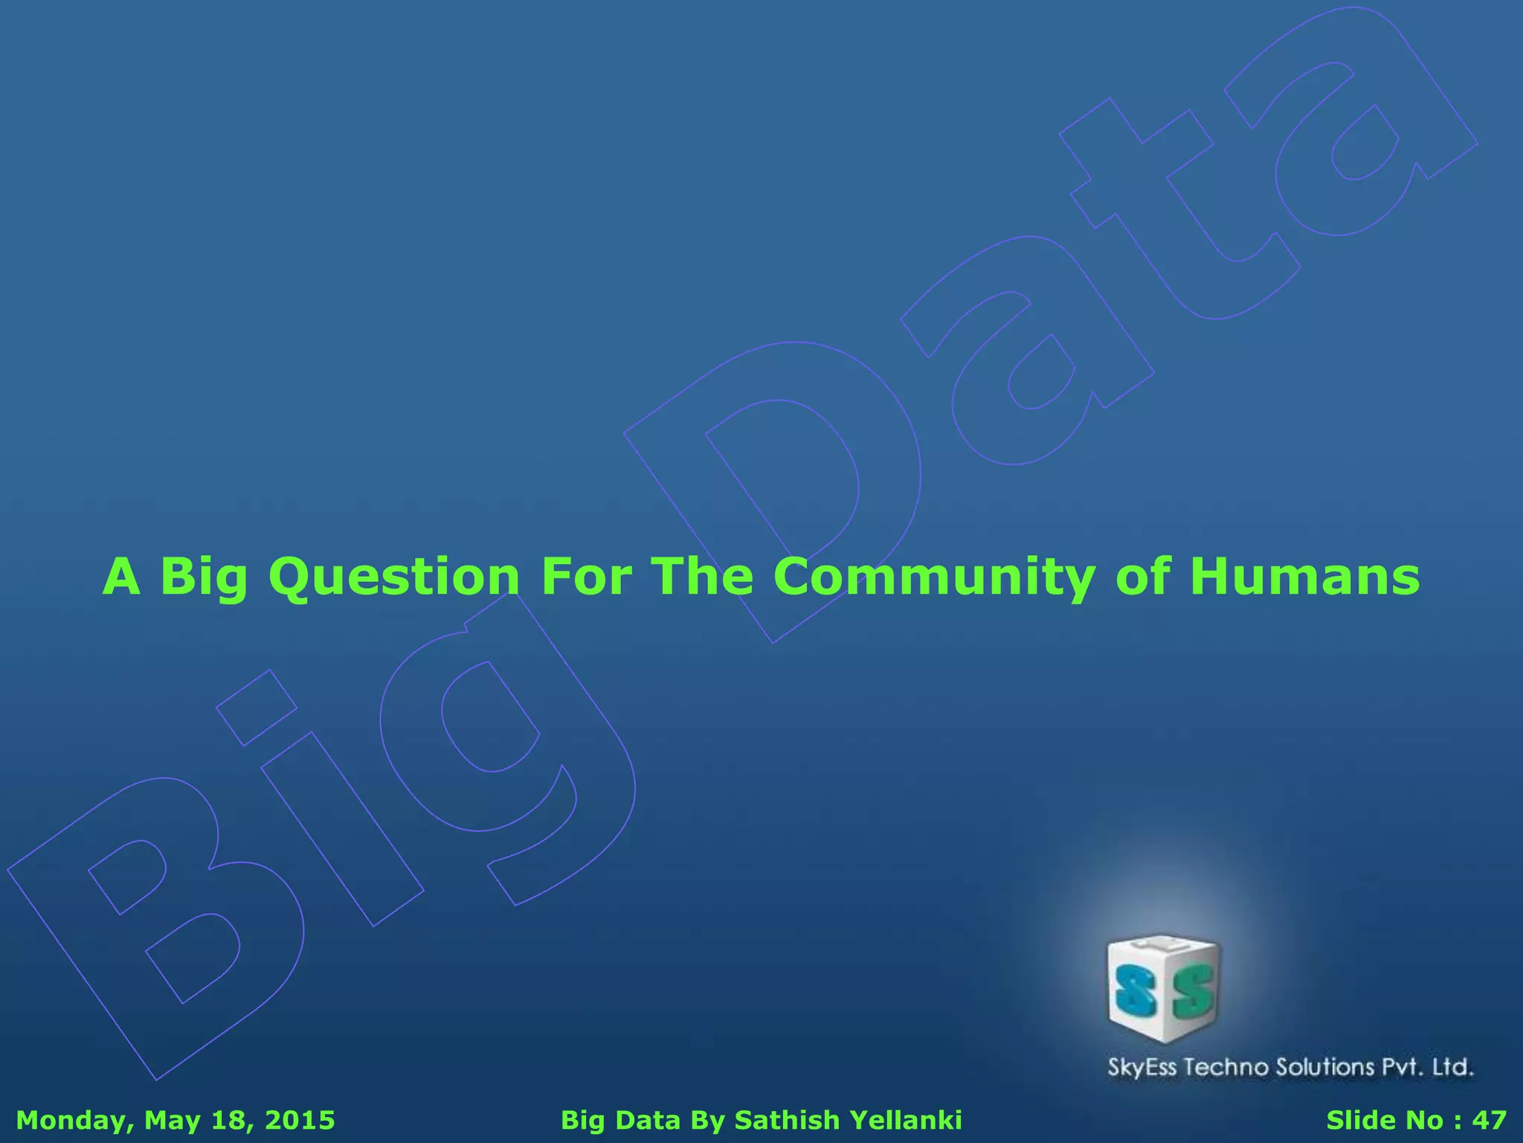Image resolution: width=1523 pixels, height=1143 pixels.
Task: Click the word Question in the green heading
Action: point(393,577)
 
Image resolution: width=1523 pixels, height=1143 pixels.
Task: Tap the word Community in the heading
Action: point(933,577)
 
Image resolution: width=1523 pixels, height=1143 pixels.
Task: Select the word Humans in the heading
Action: point(1304,577)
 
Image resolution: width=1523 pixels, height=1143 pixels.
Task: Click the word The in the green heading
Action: point(702,577)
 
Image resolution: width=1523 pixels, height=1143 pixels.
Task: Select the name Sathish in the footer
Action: point(787,1121)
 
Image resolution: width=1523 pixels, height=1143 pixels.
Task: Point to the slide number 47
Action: point(1490,1121)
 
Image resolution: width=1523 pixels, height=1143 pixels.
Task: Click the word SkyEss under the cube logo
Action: point(1142,1068)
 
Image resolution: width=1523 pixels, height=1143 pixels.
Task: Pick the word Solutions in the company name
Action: point(1326,1068)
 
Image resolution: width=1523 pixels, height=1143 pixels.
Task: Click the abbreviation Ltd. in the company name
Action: point(1452,1068)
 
